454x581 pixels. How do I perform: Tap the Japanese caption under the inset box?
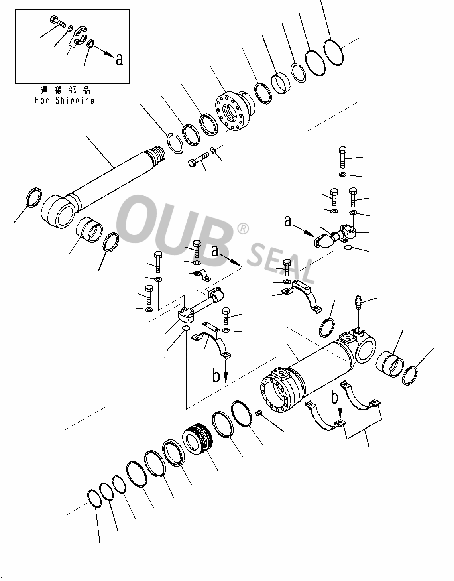coord(65,90)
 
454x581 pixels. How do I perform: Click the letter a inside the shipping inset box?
coord(119,60)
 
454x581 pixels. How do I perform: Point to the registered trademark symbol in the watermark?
coord(242,228)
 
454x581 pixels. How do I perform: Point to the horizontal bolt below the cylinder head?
coord(198,160)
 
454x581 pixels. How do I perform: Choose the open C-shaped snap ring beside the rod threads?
coord(173,142)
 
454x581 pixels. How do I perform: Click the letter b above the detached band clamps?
coord(336,398)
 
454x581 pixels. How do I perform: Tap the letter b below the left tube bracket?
coord(216,376)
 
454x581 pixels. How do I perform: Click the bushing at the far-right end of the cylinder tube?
coord(390,364)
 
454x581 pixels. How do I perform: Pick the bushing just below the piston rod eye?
coord(89,229)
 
